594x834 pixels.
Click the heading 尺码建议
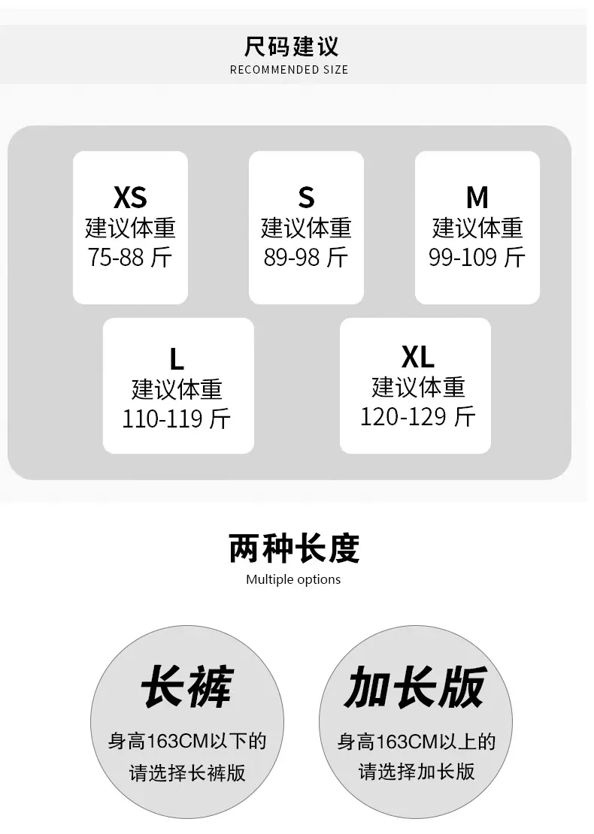(x=291, y=47)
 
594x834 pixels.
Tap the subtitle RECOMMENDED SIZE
(x=289, y=70)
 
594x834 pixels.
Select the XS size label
(x=130, y=198)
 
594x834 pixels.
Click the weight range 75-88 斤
(x=130, y=258)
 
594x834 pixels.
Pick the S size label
(x=306, y=198)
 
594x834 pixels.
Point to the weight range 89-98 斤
(x=306, y=258)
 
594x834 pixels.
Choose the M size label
(x=477, y=198)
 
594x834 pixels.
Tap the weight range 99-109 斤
(x=477, y=258)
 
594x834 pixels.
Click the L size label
(x=177, y=359)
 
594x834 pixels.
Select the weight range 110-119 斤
(x=177, y=419)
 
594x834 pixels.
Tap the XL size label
(x=418, y=357)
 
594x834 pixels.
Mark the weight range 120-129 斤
(x=418, y=416)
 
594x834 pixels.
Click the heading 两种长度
(x=294, y=548)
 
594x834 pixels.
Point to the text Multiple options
(x=293, y=579)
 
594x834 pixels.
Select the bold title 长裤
(x=186, y=687)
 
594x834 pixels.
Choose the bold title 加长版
(x=415, y=687)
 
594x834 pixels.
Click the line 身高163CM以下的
(x=186, y=741)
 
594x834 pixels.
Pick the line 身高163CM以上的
(x=417, y=741)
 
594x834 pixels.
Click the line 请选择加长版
(x=417, y=771)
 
